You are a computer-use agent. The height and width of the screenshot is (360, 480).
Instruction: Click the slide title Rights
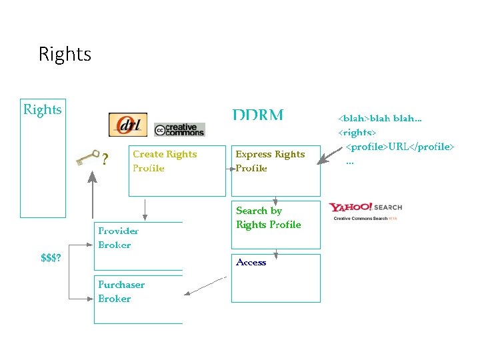[65, 53]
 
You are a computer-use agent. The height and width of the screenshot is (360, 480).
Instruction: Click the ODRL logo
[127, 125]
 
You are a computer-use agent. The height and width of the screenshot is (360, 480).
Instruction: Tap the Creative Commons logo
[179, 129]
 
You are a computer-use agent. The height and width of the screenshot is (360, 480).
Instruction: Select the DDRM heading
[258, 115]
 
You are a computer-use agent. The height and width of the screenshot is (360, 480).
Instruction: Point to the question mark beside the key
[105, 159]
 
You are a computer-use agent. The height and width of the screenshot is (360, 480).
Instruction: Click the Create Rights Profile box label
[165, 161]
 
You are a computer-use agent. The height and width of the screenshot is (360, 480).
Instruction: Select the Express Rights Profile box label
[270, 161]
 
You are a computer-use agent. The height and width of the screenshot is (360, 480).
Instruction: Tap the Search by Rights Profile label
[268, 217]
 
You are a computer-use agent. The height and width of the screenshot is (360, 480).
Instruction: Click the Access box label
[251, 263]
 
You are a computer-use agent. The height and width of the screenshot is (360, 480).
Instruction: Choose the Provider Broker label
[118, 238]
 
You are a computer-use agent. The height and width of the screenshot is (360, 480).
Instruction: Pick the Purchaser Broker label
[121, 291]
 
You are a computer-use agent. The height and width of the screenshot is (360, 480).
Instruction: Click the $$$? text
[51, 258]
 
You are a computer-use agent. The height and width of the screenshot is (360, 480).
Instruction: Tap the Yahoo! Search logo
[366, 210]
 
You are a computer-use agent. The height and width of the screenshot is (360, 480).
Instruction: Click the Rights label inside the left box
[43, 109]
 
